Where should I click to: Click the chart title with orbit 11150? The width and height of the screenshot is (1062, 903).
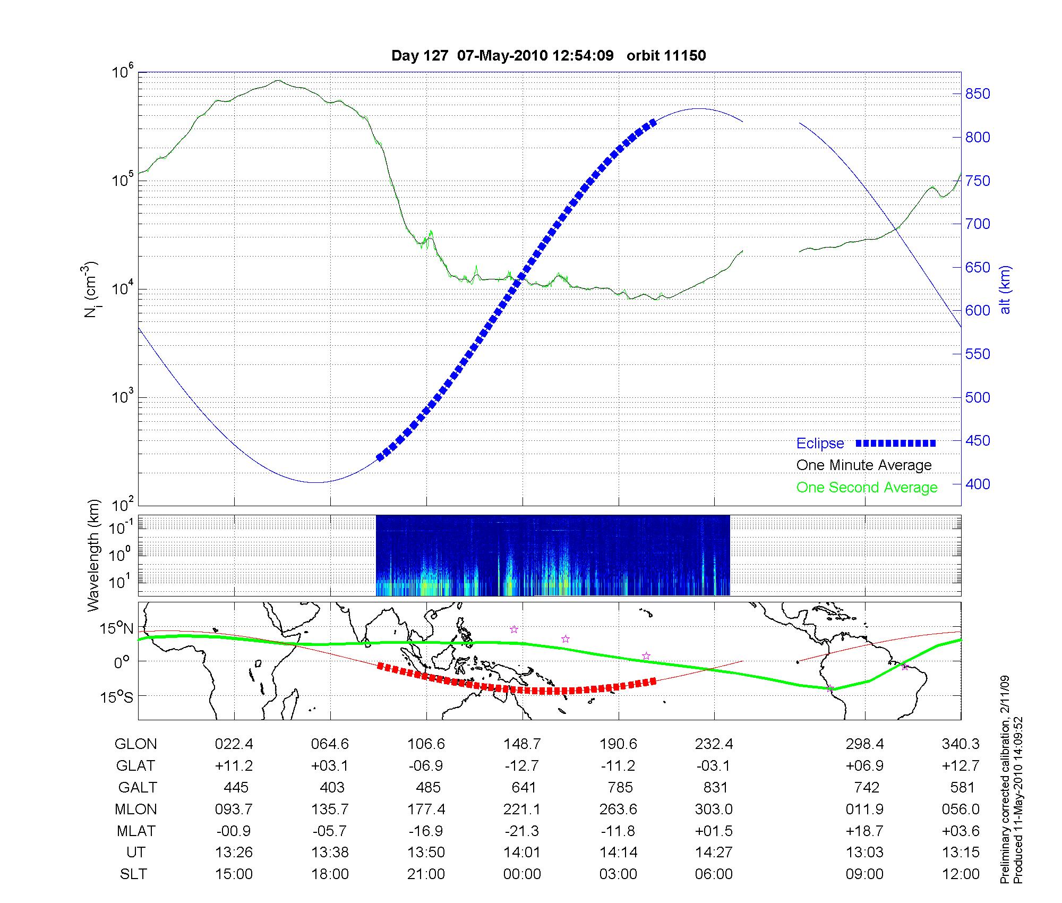click(x=549, y=56)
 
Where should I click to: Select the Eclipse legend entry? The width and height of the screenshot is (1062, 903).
click(x=820, y=444)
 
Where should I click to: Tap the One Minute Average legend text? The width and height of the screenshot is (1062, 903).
click(x=864, y=465)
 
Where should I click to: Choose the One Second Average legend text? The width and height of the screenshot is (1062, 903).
click(x=867, y=488)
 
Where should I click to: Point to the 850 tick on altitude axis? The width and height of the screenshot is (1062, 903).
click(x=978, y=94)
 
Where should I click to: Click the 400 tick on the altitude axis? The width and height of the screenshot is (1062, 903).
click(x=978, y=484)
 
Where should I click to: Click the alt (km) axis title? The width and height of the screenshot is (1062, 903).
click(x=1005, y=289)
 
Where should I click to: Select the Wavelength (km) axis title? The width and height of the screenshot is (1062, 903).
click(x=93, y=555)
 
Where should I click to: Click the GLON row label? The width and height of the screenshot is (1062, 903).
click(x=135, y=744)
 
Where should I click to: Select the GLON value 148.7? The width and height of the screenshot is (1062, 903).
click(x=523, y=744)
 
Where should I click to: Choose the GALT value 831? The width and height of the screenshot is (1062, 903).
click(x=714, y=787)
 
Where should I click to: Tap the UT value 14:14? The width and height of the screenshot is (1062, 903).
click(x=618, y=853)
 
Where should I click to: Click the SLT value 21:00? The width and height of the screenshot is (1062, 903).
click(x=426, y=874)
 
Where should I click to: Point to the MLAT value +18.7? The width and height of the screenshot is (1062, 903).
click(x=865, y=831)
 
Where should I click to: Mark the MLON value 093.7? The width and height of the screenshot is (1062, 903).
click(x=234, y=809)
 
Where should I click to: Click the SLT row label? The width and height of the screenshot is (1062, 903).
click(x=133, y=874)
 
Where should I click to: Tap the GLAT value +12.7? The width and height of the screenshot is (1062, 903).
click(x=961, y=766)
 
